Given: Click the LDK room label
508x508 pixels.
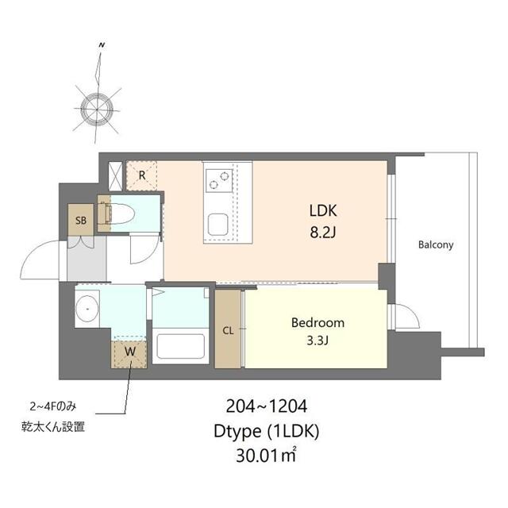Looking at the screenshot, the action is [323, 210].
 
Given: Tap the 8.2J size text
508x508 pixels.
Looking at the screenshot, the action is [323, 233].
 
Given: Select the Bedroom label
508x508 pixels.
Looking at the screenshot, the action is [317, 323].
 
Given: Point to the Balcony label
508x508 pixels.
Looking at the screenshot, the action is [436, 244].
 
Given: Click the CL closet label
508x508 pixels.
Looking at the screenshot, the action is [228, 330].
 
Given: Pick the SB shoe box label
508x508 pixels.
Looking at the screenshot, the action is [81, 221].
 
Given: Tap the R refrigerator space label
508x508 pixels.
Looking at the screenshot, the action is [142, 175].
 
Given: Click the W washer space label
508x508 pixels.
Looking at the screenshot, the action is [130, 352].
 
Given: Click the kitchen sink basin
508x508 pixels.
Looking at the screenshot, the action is [217, 224].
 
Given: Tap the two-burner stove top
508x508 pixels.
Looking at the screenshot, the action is [219, 180].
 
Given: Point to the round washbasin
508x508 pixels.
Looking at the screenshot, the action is [87, 309].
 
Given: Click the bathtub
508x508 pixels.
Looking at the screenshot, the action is [180, 346].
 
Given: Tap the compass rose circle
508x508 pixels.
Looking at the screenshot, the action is [97, 110].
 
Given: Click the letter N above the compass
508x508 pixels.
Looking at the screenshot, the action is [102, 45].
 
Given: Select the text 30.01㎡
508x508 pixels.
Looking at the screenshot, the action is [266, 455].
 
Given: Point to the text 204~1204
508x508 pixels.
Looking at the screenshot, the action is [267, 406].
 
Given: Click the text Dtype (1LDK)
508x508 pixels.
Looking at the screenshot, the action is [267, 432].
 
